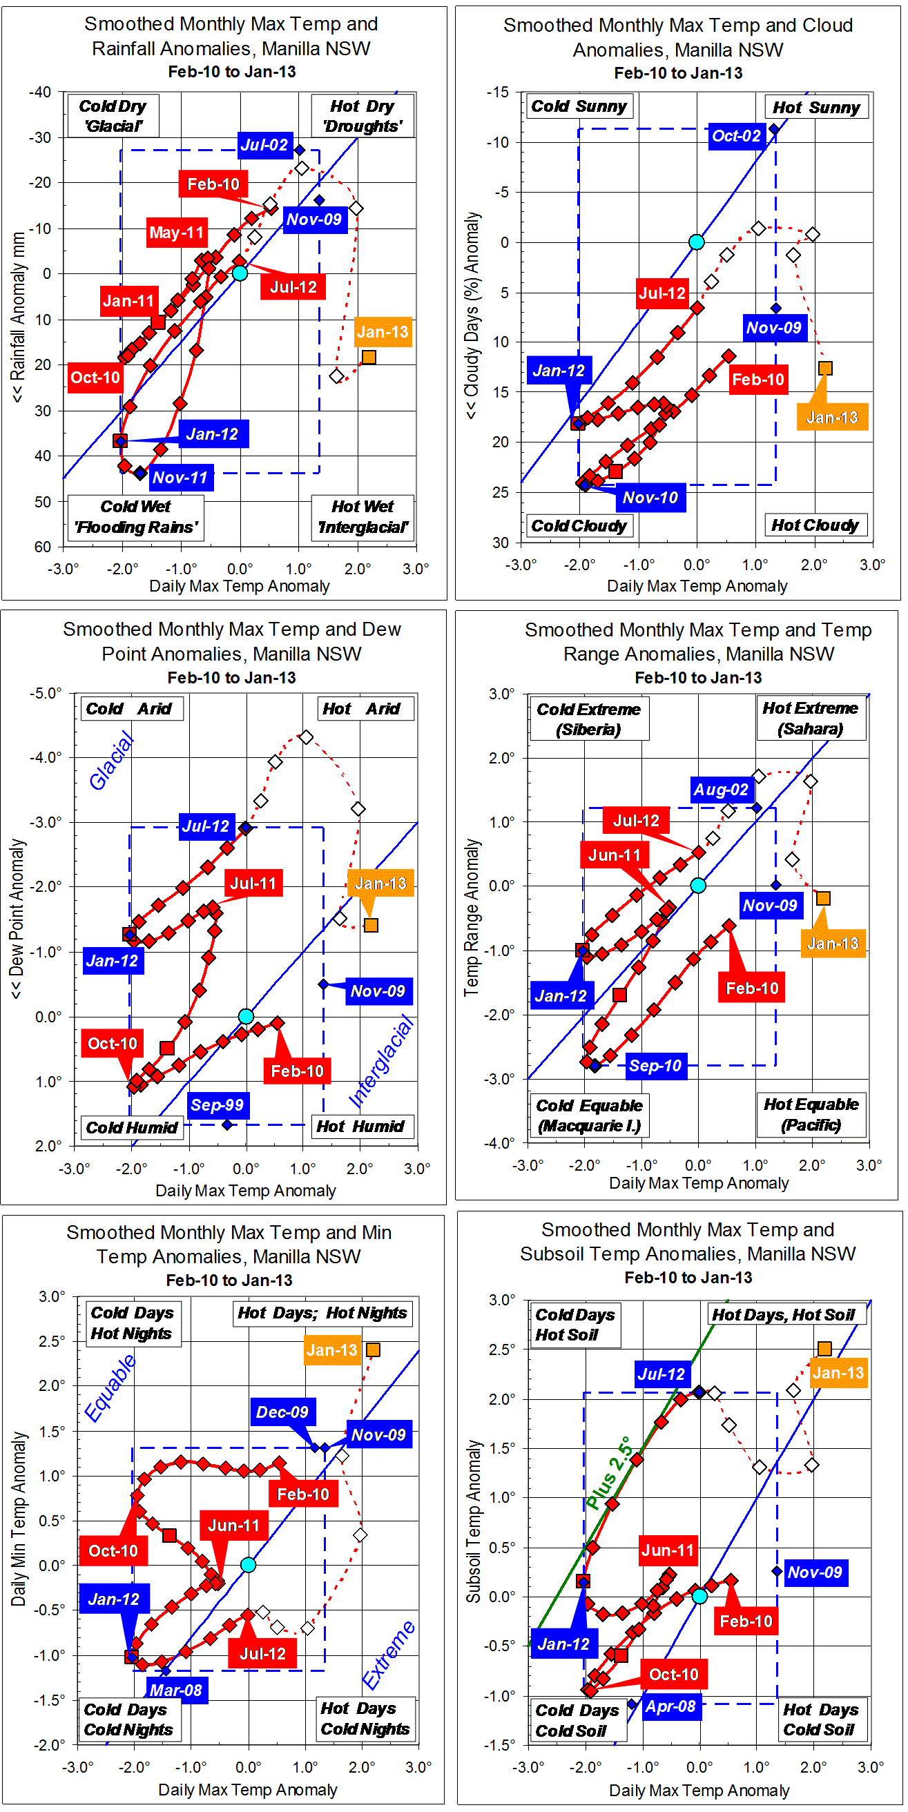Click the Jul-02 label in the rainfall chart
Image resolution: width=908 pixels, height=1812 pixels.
click(264, 145)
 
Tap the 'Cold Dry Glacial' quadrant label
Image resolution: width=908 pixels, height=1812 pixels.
click(113, 116)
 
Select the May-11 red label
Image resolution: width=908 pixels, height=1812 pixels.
click(176, 232)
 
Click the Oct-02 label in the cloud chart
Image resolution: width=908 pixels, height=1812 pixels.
click(736, 136)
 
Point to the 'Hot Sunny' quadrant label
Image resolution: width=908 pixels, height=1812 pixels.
click(815, 108)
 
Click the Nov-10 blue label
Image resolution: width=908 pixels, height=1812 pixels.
click(650, 497)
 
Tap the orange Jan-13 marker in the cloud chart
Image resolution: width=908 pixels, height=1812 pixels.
click(825, 369)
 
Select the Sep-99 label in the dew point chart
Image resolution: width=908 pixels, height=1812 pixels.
click(217, 1104)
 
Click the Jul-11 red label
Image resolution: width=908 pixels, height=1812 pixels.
click(253, 884)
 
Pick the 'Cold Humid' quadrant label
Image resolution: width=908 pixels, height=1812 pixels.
click(132, 1127)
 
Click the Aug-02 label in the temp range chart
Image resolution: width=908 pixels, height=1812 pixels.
click(720, 790)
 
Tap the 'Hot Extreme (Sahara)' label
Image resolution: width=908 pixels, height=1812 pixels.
click(810, 718)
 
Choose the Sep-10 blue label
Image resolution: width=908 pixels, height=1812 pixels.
click(655, 1066)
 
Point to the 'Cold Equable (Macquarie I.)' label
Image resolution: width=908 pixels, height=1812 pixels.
click(588, 1116)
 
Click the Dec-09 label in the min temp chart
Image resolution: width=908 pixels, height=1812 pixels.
click(282, 1412)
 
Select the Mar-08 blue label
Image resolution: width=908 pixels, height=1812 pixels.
click(176, 1690)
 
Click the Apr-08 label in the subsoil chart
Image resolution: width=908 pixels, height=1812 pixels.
click(670, 1706)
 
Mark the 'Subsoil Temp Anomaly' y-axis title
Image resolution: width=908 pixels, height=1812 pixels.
click(474, 1520)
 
